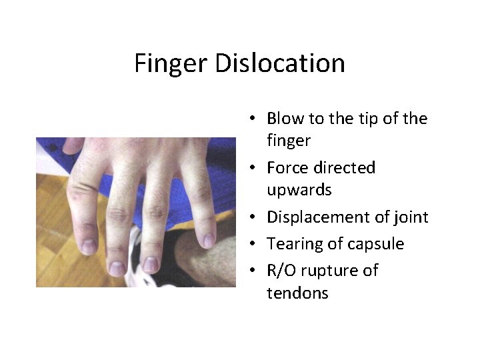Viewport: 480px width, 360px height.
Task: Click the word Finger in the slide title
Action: click(171, 63)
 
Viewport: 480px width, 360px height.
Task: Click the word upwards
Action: click(299, 190)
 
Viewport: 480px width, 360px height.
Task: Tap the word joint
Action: click(411, 217)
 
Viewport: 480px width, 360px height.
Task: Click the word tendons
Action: click(297, 293)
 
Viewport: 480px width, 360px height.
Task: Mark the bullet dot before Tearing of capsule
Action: click(254, 245)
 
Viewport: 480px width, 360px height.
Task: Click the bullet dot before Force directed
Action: click(254, 168)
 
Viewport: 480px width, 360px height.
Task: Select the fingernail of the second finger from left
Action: click(118, 267)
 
